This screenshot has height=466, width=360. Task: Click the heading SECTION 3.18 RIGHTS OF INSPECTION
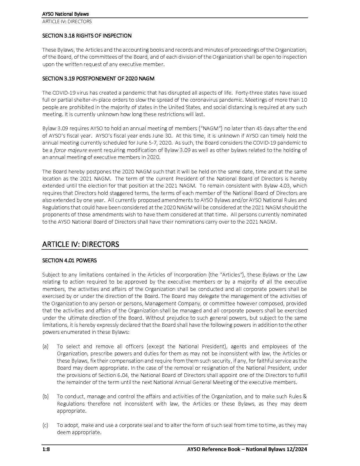(87, 36)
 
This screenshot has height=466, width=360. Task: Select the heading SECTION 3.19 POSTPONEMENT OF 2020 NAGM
(98, 79)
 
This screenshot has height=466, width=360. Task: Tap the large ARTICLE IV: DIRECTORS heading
(80, 244)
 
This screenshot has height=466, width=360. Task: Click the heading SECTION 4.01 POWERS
(69, 260)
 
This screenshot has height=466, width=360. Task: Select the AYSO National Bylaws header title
(66, 14)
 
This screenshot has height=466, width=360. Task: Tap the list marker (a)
(45, 347)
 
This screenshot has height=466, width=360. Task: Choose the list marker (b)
(45, 397)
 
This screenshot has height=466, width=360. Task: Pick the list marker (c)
(45, 425)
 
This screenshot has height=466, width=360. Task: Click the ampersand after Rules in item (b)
(304, 397)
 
